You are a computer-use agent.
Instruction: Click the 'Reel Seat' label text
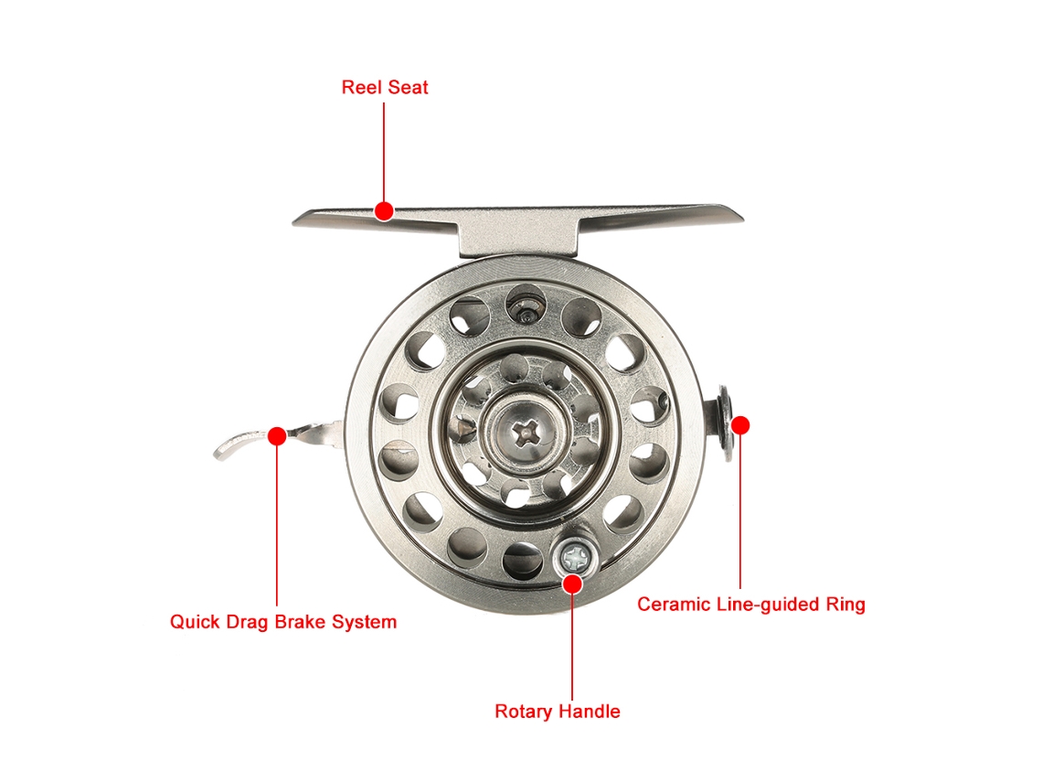point(385,87)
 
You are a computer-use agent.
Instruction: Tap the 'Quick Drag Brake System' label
point(283,623)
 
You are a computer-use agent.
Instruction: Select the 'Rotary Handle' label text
point(557,712)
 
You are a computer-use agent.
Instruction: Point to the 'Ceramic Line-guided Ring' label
point(751,605)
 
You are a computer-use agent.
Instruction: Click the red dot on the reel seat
point(384,211)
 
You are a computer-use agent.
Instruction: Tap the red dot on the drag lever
point(277,436)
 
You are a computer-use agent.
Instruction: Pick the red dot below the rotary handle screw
point(572,584)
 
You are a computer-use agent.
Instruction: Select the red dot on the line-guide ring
point(740,425)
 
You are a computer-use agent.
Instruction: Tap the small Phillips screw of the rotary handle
point(576,556)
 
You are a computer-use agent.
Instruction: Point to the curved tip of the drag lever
point(218,455)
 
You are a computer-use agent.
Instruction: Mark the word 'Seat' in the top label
point(408,87)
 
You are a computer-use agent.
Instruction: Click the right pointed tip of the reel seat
point(741,218)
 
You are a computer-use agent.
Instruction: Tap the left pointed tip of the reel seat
point(293,223)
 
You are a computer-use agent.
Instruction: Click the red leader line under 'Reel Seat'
point(384,152)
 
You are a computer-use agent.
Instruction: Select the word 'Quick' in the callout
point(195,622)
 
